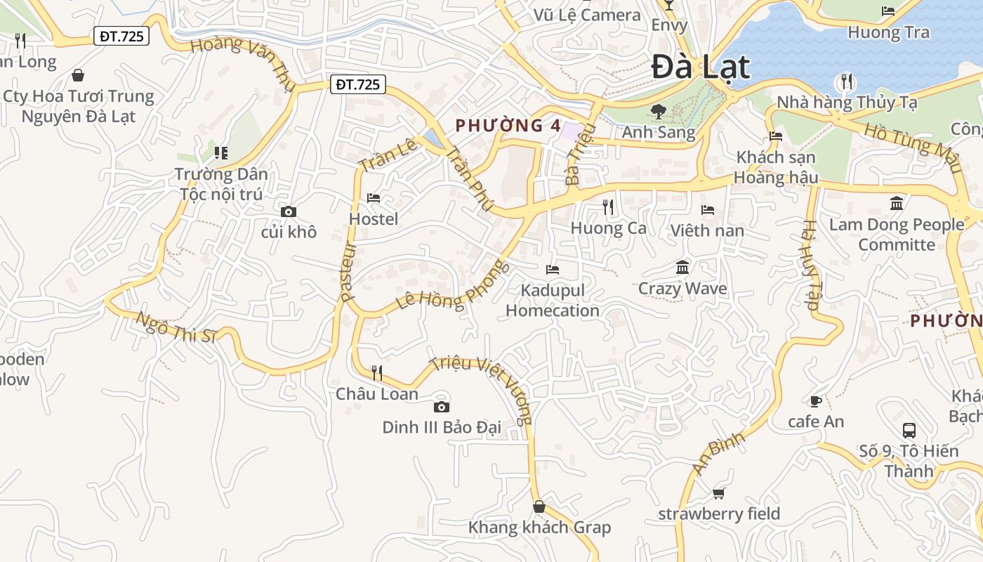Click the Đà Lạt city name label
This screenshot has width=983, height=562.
(x=700, y=67)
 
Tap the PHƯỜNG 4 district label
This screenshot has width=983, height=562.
(x=508, y=126)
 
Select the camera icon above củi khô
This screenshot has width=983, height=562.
(x=288, y=211)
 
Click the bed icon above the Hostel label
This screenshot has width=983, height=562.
(x=374, y=199)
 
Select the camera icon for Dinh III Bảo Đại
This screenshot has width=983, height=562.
(x=441, y=407)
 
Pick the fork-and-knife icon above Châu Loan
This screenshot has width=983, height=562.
(x=377, y=372)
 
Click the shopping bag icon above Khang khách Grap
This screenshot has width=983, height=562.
(x=539, y=507)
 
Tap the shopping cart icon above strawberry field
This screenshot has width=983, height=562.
(x=718, y=493)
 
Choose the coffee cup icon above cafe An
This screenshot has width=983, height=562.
(x=815, y=401)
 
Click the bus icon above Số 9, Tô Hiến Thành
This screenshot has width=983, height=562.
(x=909, y=430)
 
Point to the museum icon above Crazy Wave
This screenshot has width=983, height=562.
(x=682, y=268)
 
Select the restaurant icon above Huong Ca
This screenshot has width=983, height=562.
(x=608, y=207)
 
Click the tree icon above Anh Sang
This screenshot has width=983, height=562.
(x=658, y=110)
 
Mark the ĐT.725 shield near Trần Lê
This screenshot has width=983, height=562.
(x=357, y=85)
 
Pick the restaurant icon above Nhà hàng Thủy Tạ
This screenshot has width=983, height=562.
(x=847, y=81)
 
